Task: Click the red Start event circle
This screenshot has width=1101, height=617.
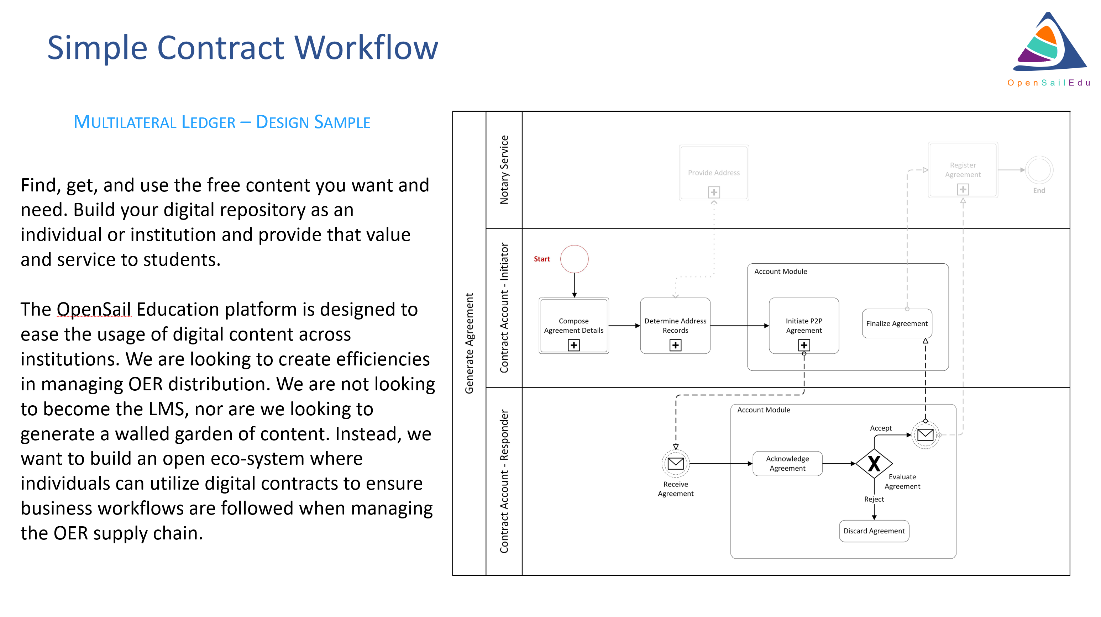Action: click(x=574, y=259)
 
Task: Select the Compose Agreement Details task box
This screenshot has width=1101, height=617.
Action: click(x=573, y=326)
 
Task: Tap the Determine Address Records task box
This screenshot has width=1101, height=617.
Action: click(x=675, y=326)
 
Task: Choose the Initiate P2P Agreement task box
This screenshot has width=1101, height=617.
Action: click(x=804, y=326)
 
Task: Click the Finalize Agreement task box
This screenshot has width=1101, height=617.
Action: click(x=897, y=323)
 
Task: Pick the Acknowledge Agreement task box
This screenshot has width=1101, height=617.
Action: click(x=787, y=463)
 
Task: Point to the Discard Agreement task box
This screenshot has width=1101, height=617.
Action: click(x=874, y=531)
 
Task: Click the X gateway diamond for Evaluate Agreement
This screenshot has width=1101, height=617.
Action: click(x=874, y=463)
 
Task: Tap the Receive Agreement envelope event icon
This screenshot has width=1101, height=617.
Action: click(x=675, y=463)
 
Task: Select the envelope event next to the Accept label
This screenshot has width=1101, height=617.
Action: click(x=926, y=435)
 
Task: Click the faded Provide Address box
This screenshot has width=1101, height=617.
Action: click(x=714, y=173)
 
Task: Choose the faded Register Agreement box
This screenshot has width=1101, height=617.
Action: click(x=963, y=170)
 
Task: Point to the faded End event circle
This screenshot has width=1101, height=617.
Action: click(x=1039, y=170)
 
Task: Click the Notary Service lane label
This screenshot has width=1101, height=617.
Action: click(x=504, y=170)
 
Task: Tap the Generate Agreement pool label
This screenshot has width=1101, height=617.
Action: click(x=469, y=343)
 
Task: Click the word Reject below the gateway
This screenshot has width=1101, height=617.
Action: click(x=874, y=499)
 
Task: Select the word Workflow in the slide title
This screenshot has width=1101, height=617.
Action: click(x=366, y=47)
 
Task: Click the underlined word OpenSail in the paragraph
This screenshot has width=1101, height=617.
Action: click(x=94, y=309)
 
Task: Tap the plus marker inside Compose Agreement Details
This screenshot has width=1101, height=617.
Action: click(x=573, y=345)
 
